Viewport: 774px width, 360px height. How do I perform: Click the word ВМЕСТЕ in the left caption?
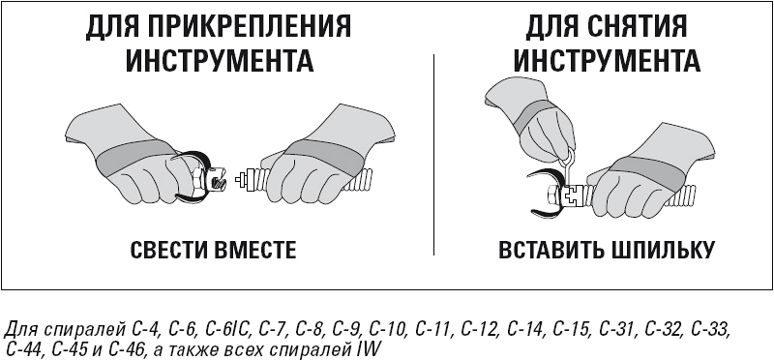253,250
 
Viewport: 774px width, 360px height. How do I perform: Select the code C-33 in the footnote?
708,329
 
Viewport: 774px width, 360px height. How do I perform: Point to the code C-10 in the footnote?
387,329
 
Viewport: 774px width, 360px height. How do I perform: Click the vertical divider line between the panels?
433,155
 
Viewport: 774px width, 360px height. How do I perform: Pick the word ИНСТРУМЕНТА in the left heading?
219,61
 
